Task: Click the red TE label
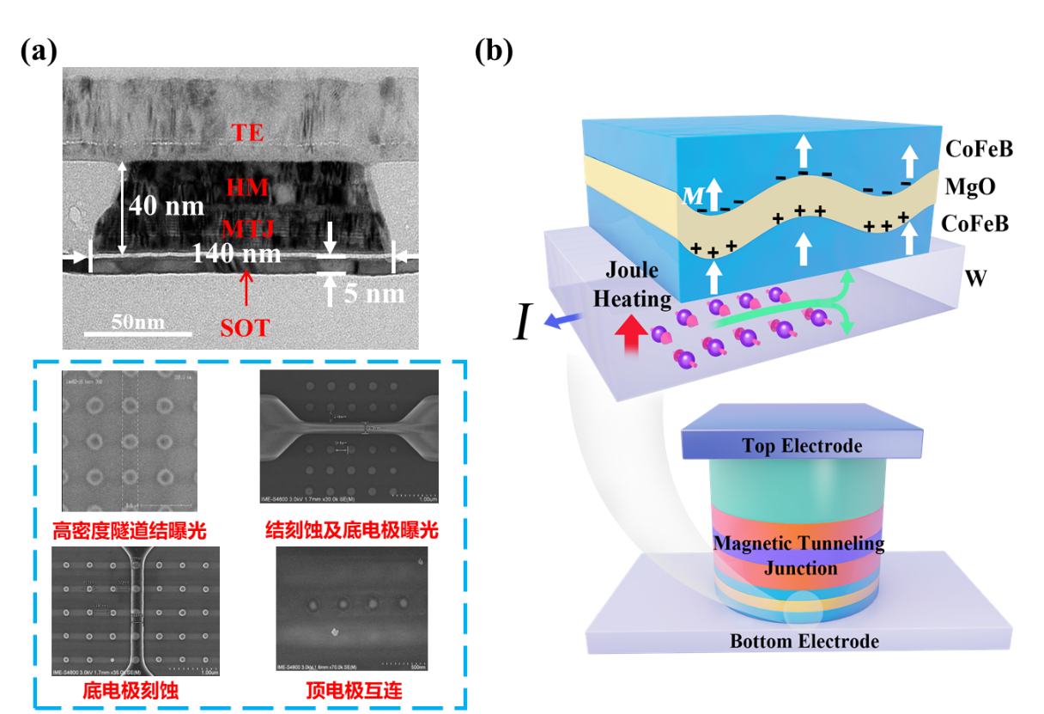pos(247,133)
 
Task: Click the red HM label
pos(247,186)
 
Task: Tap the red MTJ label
pos(247,229)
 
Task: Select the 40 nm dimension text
pos(167,207)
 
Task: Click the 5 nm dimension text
pos(373,294)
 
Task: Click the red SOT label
pos(245,328)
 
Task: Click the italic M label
pos(689,197)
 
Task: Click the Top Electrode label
pos(802,445)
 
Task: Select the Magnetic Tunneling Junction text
pos(798,555)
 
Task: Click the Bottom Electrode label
pos(804,641)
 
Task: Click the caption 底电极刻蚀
pos(130,690)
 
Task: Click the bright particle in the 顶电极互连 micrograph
pos(334,632)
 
